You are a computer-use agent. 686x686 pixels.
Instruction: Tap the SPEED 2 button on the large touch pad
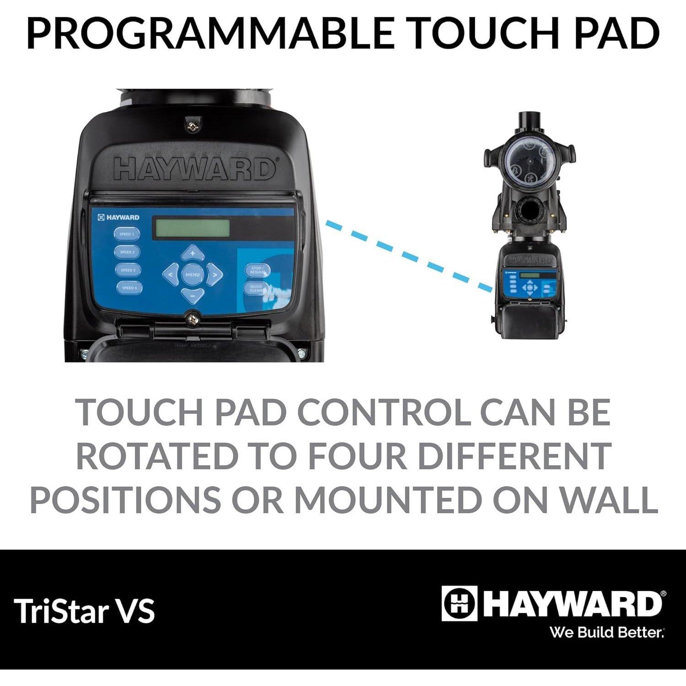tap(127, 252)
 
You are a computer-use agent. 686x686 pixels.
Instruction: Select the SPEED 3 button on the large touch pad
tap(128, 270)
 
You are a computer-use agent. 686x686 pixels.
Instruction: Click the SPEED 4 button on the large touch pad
tap(129, 288)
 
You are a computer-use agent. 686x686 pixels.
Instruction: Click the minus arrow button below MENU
tap(193, 295)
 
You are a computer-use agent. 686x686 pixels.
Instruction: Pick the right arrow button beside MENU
tap(214, 275)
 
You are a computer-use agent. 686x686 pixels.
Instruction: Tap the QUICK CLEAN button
tap(256, 289)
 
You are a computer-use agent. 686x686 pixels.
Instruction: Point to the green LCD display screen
tap(193, 228)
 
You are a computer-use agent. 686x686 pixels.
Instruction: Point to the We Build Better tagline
tap(607, 632)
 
